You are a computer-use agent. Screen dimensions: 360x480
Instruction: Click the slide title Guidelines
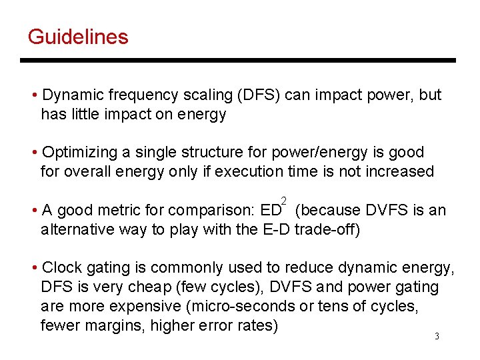[x=78, y=36]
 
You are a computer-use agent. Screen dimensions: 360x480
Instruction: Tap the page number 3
[x=437, y=336]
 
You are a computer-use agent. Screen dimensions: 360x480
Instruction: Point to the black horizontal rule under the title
[x=238, y=61]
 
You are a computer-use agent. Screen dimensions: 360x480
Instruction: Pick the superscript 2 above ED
[x=285, y=201]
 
